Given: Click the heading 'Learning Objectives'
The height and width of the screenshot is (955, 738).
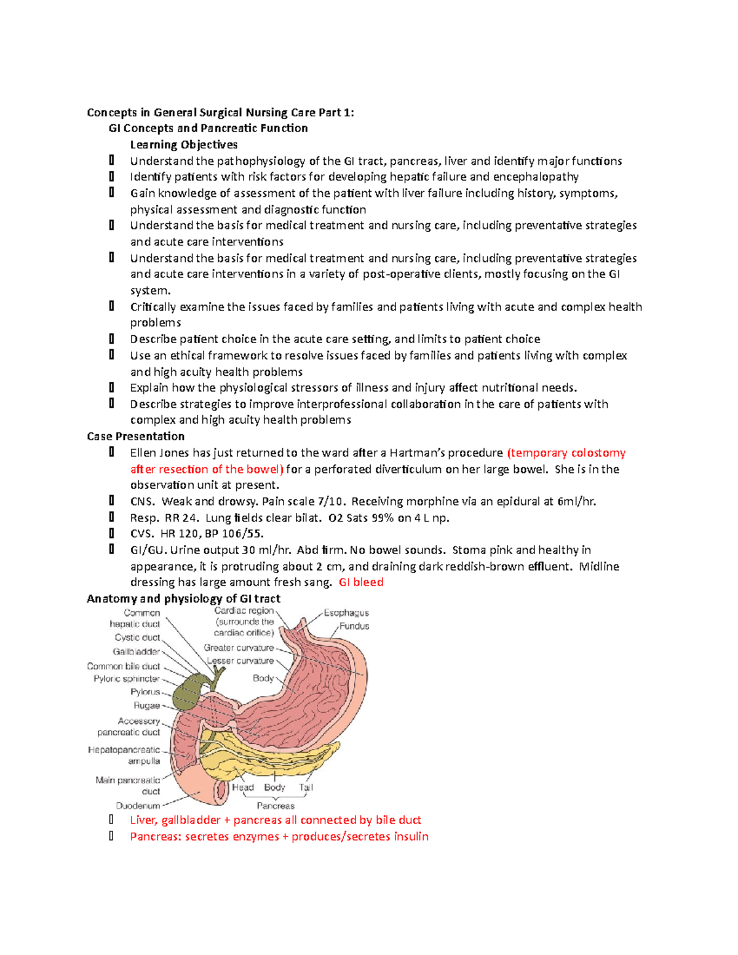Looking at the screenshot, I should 183,145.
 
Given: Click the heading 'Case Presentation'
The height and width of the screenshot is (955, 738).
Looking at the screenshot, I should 135,436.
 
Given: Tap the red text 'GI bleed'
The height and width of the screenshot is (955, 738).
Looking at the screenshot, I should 361,582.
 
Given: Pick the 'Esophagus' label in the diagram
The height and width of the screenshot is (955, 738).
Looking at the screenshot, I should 346,612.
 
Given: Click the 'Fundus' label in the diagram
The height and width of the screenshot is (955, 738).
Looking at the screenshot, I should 354,626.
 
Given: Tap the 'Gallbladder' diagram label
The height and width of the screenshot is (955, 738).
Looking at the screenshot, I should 136,651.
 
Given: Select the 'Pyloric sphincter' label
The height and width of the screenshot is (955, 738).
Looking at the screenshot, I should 126,679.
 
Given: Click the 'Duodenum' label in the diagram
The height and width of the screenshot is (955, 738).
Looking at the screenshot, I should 138,806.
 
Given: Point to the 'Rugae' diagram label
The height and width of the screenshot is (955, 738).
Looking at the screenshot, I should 146,705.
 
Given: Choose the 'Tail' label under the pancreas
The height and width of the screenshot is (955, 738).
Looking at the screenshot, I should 306,787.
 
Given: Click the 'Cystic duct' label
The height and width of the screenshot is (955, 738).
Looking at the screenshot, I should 137,638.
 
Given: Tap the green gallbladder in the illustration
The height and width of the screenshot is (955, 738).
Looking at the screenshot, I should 186,695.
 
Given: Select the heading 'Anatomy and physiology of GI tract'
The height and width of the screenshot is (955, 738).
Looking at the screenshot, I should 183,598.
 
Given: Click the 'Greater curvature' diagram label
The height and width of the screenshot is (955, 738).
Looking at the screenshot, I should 239,648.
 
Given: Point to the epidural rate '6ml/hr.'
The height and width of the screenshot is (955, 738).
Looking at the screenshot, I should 576,501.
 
